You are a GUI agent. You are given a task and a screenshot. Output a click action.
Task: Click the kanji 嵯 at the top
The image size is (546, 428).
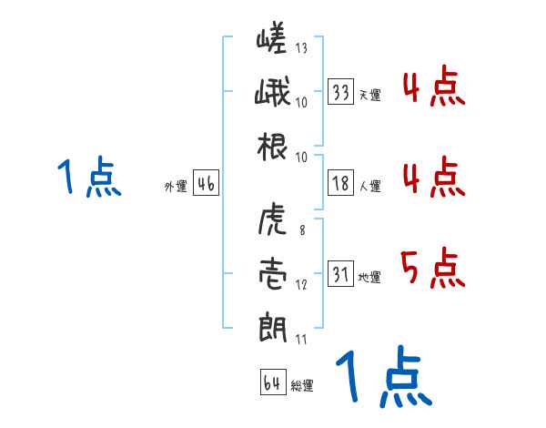[x=272, y=43]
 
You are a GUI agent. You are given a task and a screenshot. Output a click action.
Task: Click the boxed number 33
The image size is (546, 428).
[x=341, y=92]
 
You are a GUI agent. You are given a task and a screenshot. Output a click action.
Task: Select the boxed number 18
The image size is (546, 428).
[x=341, y=184]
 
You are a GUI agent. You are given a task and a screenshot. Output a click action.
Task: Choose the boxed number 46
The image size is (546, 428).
[x=206, y=184]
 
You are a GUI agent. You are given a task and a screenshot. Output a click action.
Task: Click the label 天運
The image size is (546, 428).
[x=369, y=95]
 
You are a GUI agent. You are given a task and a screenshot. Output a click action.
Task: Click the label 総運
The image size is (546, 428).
[x=302, y=385]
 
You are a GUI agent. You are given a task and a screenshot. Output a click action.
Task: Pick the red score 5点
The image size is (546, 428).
[x=432, y=269]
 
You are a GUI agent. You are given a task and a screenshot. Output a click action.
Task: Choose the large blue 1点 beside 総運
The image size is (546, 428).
[x=382, y=378]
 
